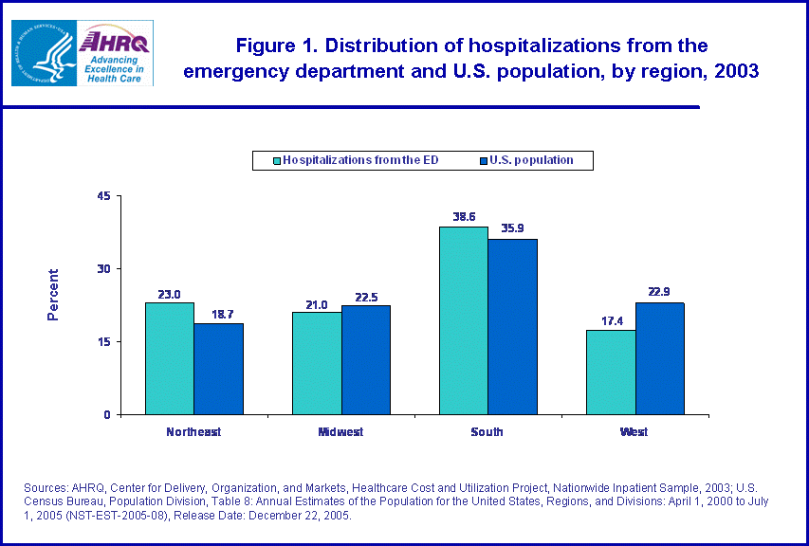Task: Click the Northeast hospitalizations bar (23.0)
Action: (x=169, y=358)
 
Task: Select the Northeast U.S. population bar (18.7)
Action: (x=218, y=369)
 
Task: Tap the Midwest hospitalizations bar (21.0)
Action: (x=317, y=363)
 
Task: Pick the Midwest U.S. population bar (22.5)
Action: (x=366, y=359)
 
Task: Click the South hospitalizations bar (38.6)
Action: (x=464, y=320)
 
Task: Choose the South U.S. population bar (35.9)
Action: (x=513, y=327)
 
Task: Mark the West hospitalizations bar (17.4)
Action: (x=611, y=372)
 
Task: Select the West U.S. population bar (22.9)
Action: (x=660, y=358)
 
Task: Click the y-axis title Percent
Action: (x=53, y=295)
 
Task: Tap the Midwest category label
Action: (x=340, y=432)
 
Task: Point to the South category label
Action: (x=487, y=432)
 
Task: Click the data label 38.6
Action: (x=464, y=217)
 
